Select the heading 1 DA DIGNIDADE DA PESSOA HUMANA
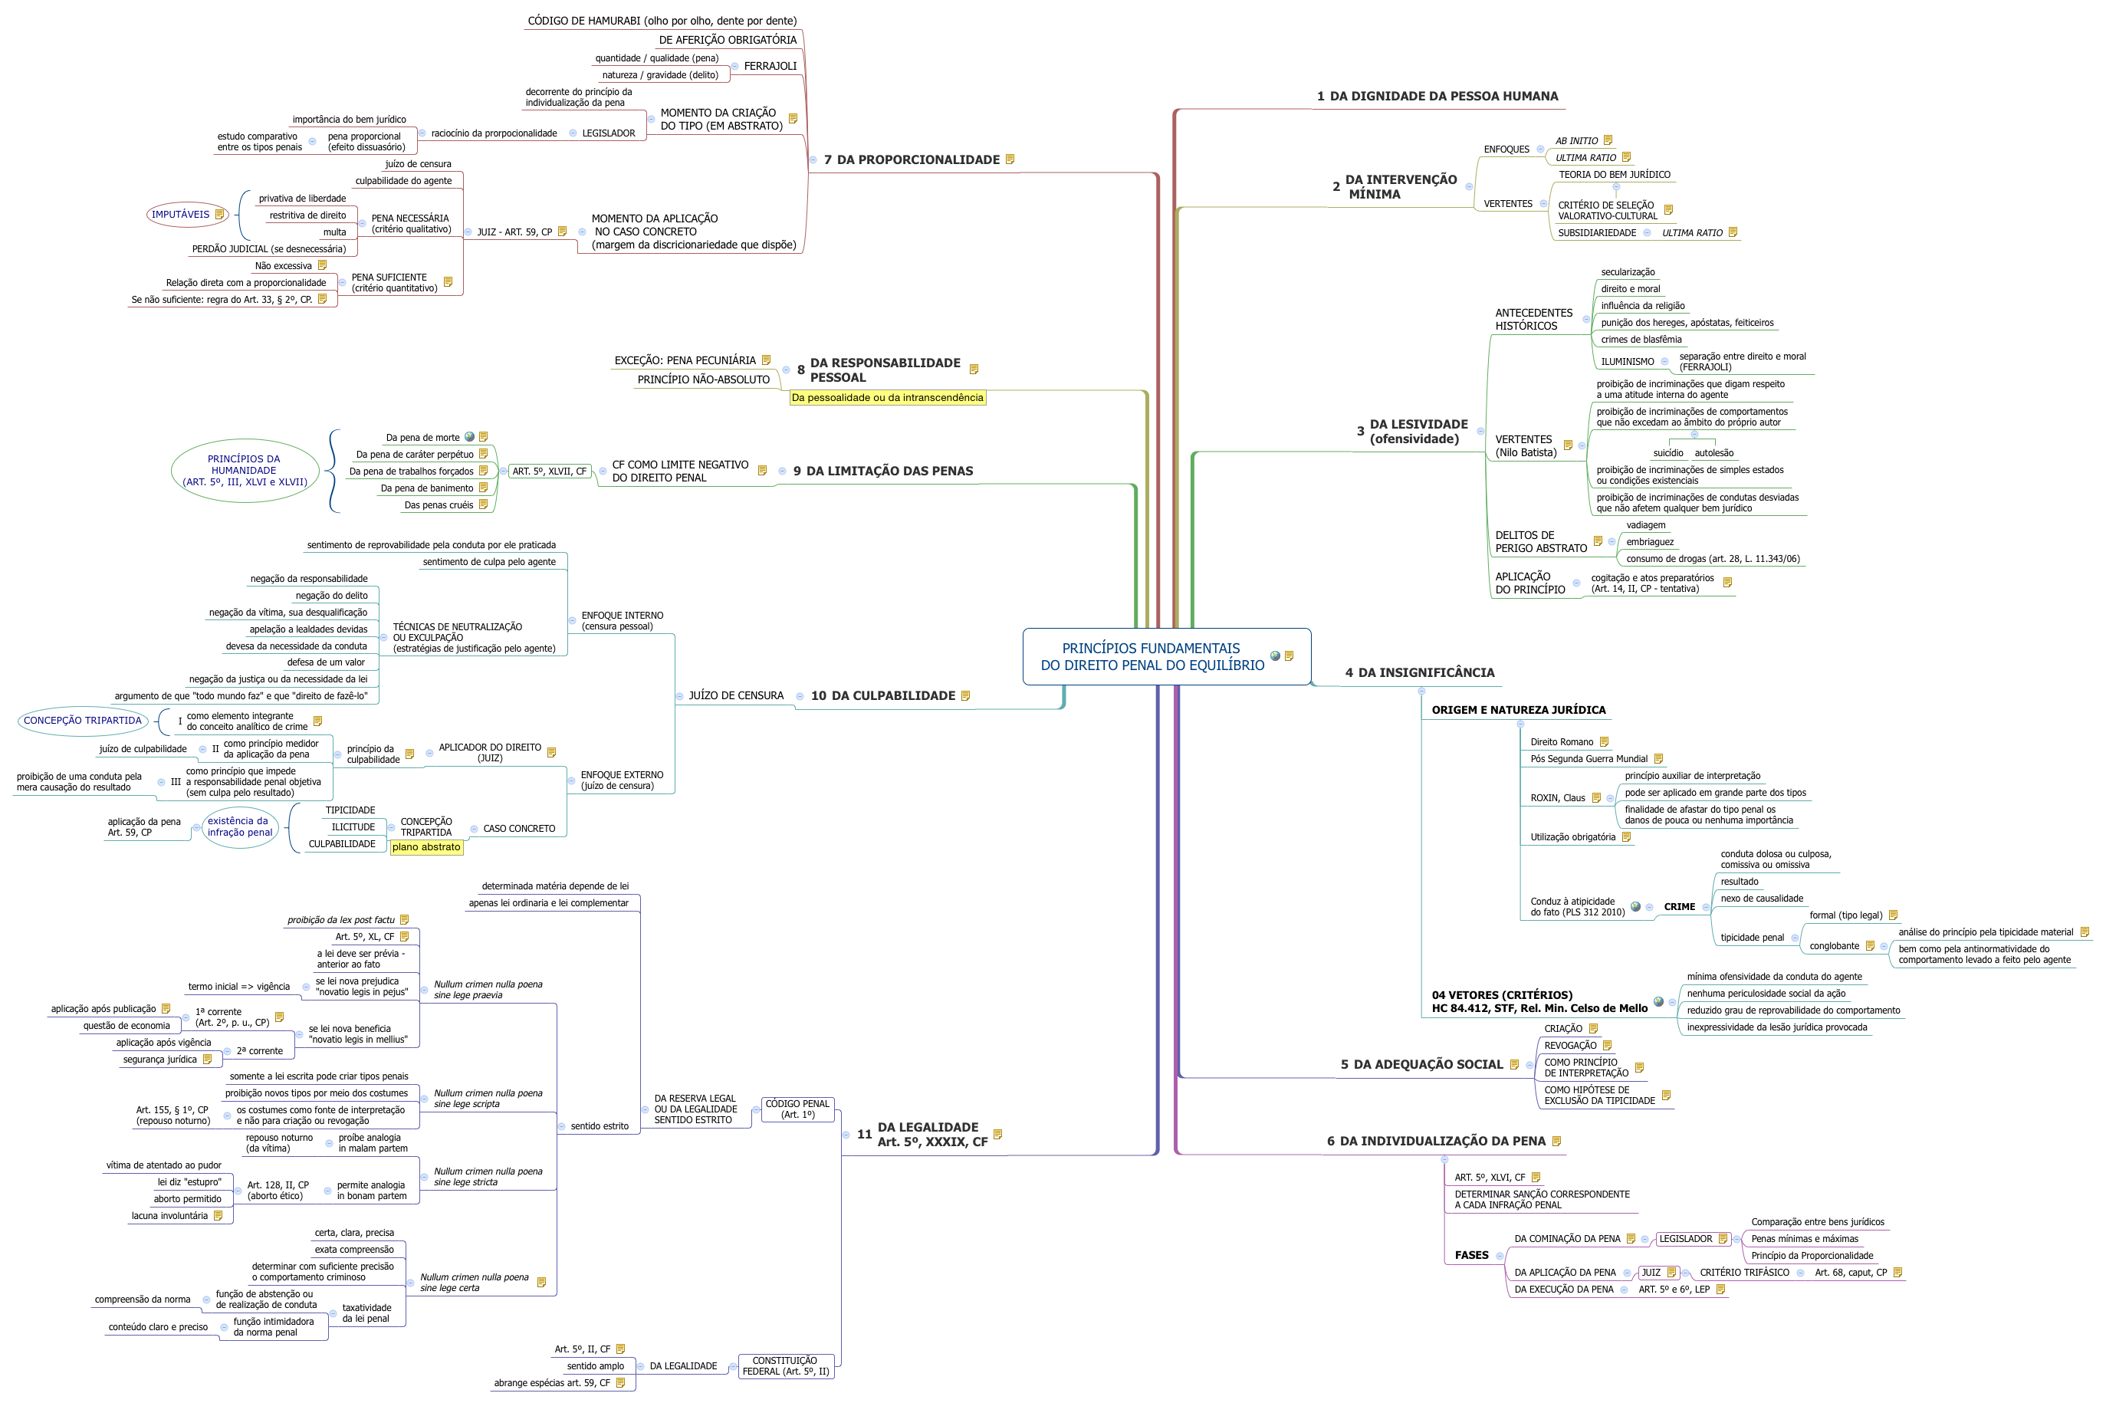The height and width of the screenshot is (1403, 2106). click(1437, 97)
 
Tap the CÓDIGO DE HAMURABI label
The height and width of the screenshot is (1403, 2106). click(661, 21)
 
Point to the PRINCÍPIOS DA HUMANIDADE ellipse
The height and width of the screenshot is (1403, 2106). click(245, 471)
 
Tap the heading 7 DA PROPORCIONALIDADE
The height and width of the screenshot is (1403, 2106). click(911, 160)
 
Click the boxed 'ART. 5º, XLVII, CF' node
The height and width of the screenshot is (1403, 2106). click(550, 472)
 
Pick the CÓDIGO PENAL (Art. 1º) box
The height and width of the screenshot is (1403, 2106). click(797, 1109)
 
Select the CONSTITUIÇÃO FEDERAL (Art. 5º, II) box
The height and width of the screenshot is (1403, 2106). click(784, 1366)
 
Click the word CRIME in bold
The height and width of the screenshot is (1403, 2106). click(1678, 907)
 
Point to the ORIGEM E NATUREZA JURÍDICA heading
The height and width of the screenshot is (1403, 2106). click(1517, 711)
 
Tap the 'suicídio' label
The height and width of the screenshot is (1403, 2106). click(1667, 454)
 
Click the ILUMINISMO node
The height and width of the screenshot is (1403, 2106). click(1627, 363)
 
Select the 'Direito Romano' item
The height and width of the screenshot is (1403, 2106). click(1561, 743)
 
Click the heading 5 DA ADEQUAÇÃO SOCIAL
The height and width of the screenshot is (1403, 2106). click(1421, 1065)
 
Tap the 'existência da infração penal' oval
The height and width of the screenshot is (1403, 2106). click(239, 826)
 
